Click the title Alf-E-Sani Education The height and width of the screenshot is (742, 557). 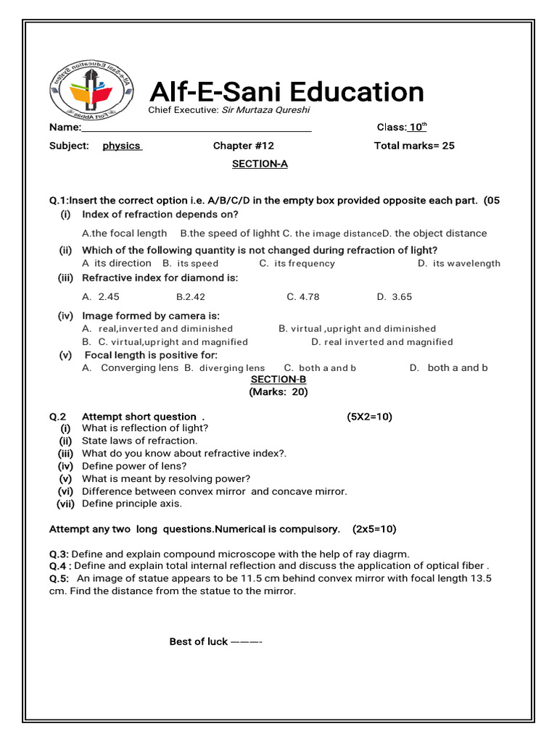[x=286, y=92]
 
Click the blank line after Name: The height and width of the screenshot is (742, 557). [x=196, y=128]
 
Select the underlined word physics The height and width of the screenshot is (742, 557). [x=122, y=146]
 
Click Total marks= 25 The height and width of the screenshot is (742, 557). [x=414, y=146]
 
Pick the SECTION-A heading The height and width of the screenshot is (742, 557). [x=260, y=164]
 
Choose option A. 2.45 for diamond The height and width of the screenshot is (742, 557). [x=101, y=296]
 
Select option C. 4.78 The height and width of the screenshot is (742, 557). [x=302, y=296]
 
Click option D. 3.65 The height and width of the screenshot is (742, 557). [x=395, y=296]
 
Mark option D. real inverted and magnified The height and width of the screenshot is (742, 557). [x=382, y=342]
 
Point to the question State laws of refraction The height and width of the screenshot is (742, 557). [x=139, y=441]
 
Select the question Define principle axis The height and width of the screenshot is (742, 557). [x=132, y=504]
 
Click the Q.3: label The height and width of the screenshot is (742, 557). [x=59, y=554]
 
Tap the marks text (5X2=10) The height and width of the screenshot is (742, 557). [x=369, y=417]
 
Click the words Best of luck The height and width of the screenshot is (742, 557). [x=198, y=642]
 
